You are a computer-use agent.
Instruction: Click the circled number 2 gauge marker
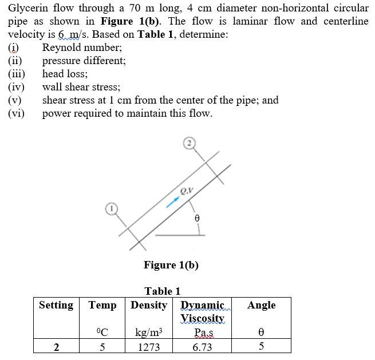[x=190, y=143]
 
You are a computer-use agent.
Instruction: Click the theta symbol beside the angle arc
[x=197, y=218]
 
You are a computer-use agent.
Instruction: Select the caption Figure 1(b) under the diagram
[x=171, y=264]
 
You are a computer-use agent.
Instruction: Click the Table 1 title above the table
[x=163, y=291]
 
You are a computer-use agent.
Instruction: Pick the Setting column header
[x=56, y=305]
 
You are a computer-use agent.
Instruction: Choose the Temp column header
[x=102, y=305]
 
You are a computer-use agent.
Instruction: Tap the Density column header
[x=149, y=305]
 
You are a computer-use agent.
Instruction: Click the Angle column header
[x=261, y=305]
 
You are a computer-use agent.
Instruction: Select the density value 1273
[x=149, y=347]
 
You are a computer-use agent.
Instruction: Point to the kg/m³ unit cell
[x=149, y=332]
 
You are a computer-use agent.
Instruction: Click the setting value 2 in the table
[x=56, y=347]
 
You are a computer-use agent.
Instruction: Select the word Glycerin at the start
[x=30, y=9]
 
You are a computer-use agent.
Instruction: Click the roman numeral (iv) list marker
[x=16, y=88]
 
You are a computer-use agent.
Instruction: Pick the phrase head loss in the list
[x=65, y=74]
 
